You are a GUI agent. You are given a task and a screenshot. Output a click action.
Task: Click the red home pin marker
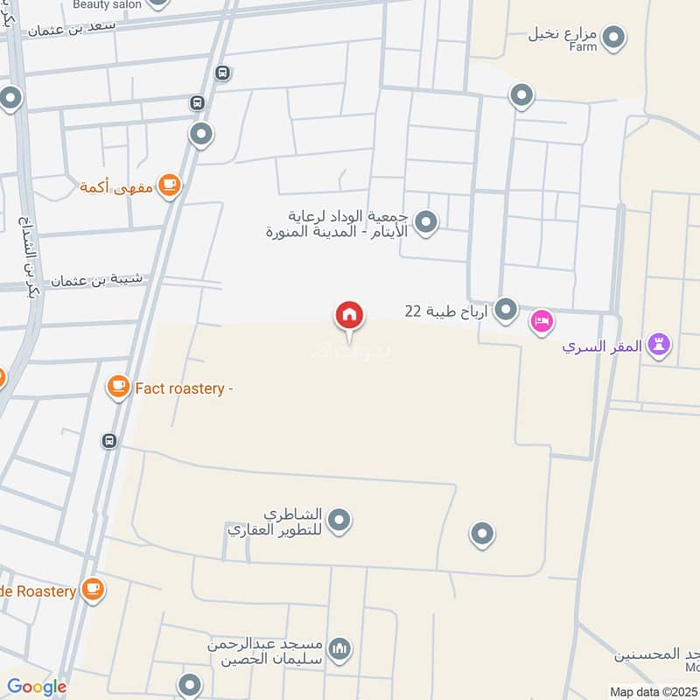349,316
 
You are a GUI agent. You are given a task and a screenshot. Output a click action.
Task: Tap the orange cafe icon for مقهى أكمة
170,185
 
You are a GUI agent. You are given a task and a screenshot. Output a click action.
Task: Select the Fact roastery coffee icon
119,386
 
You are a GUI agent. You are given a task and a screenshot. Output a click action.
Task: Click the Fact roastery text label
183,389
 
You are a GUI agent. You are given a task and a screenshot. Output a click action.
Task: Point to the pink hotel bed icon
542,323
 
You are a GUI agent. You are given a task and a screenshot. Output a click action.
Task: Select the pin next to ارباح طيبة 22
506,310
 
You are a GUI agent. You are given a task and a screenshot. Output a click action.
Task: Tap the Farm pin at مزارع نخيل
615,36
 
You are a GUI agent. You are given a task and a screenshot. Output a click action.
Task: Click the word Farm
583,46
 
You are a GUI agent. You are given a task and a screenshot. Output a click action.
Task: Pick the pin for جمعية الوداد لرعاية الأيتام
426,222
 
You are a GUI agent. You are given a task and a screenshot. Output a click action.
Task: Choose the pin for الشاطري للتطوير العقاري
339,521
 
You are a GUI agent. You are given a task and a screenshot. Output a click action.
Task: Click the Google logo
37,687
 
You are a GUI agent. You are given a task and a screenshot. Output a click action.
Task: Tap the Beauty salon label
106,4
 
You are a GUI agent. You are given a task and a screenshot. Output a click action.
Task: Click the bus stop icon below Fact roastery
109,440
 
